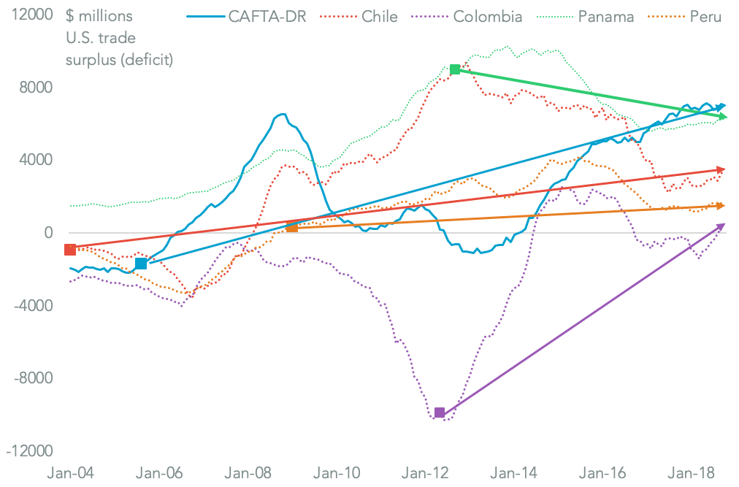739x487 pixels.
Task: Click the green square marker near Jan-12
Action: click(x=455, y=69)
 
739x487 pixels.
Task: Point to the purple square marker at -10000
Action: click(x=440, y=413)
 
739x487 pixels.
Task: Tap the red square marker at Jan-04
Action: click(x=70, y=250)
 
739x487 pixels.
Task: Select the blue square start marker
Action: click(x=141, y=264)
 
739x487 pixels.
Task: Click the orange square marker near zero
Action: click(x=292, y=227)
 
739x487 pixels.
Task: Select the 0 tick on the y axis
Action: click(x=48, y=233)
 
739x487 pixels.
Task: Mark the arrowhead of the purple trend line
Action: click(x=721, y=226)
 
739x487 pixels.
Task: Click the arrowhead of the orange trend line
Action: click(x=721, y=206)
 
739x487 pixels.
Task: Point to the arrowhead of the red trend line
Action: click(x=721, y=169)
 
